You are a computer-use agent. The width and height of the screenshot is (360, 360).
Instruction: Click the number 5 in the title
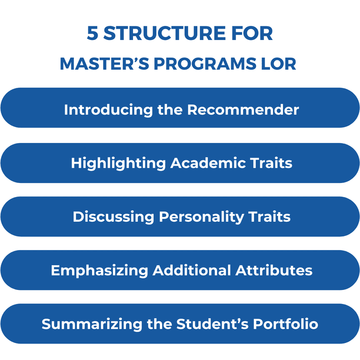(x=93, y=33)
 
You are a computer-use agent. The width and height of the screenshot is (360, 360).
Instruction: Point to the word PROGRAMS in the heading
(x=205, y=63)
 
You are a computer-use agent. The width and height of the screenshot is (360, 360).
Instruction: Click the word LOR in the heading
(x=279, y=63)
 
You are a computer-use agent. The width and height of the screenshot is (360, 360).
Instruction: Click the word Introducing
(x=109, y=110)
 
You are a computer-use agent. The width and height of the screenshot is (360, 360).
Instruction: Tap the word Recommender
(x=243, y=110)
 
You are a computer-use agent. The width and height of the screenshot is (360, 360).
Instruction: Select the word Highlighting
(x=118, y=163)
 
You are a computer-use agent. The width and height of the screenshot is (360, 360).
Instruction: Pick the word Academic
(x=208, y=163)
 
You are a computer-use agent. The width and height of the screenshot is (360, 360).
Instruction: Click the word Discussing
(x=113, y=217)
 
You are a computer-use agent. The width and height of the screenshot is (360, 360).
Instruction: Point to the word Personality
(x=201, y=217)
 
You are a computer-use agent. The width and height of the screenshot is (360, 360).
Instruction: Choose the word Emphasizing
(x=100, y=270)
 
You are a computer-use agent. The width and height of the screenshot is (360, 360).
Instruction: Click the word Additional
(x=192, y=270)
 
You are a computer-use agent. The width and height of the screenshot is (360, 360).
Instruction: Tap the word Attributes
(x=274, y=270)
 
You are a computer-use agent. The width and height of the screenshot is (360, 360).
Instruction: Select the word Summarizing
(x=92, y=324)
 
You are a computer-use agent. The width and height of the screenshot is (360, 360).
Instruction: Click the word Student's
(x=213, y=324)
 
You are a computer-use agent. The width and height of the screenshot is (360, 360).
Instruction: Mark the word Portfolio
(x=286, y=324)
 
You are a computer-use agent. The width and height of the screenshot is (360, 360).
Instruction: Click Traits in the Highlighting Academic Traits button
(x=271, y=163)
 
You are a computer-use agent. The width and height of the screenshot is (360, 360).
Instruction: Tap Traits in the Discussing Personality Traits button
(x=270, y=217)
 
